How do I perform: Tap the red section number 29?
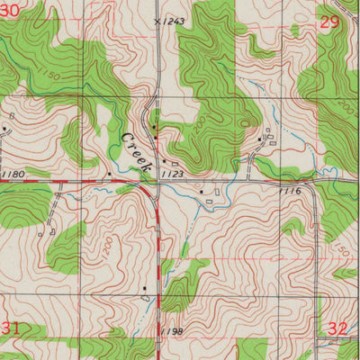point(330,22)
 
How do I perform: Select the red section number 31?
point(11,329)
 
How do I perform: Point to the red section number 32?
point(337,329)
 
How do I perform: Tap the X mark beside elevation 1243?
point(158,20)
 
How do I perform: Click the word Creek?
point(136,150)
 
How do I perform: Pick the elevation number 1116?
point(290,191)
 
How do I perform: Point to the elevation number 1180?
point(13,173)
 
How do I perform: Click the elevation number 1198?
point(174,332)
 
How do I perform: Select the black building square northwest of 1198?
point(144,288)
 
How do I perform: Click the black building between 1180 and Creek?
point(109,173)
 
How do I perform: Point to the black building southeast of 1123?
point(202,191)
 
